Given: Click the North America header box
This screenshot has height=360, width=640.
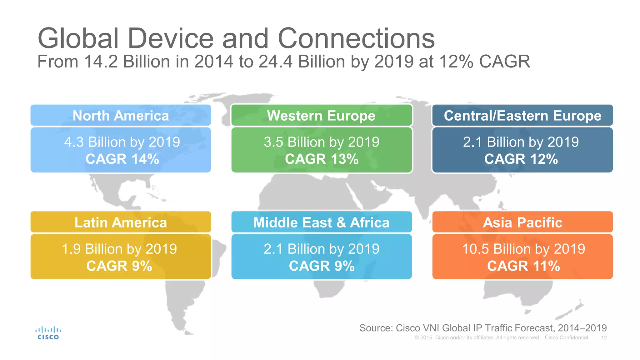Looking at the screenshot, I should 121,116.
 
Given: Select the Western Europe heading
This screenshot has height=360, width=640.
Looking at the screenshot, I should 321,116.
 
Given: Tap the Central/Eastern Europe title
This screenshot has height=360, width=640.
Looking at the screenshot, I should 522,116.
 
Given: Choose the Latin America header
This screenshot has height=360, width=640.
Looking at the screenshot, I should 121,222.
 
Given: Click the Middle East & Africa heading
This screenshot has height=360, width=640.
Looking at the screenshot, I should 321,222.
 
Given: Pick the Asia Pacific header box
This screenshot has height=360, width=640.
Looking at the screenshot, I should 522,222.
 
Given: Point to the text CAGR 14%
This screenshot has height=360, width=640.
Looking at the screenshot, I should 122,159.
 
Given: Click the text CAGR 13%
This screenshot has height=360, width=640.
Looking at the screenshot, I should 322,159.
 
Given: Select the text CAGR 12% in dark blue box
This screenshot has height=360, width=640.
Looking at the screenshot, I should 521,159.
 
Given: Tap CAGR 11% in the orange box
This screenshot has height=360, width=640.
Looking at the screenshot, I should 523,266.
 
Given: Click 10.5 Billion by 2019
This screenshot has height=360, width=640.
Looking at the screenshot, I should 523,249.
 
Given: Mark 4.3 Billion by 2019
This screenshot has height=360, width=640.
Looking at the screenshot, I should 122,142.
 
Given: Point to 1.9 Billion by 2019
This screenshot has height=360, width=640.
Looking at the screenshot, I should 119,249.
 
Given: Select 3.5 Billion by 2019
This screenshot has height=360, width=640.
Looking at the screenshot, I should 322,142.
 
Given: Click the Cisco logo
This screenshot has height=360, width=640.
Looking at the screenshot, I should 48,333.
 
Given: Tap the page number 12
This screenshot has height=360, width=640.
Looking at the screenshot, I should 604,338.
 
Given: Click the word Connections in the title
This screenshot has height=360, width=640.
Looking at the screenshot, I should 356,38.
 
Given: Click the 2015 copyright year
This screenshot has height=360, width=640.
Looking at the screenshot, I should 426,338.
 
